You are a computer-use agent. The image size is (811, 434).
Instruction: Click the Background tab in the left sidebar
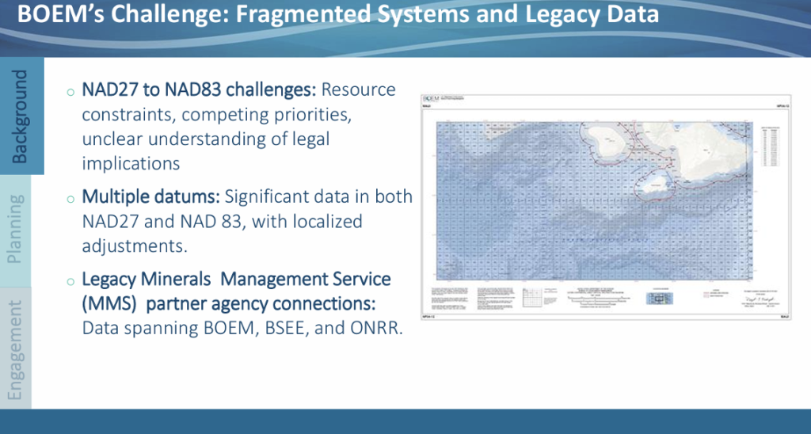tap(21, 116)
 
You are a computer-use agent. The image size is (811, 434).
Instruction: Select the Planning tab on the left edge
tap(15, 230)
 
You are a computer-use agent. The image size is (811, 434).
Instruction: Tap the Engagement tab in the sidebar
tap(15, 348)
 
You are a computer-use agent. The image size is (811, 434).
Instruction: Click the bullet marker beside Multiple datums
tap(71, 197)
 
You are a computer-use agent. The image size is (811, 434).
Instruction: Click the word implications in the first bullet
tap(131, 163)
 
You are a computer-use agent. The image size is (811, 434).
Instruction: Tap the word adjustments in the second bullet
tap(134, 246)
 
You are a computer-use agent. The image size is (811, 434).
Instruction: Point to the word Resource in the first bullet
tap(358, 90)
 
